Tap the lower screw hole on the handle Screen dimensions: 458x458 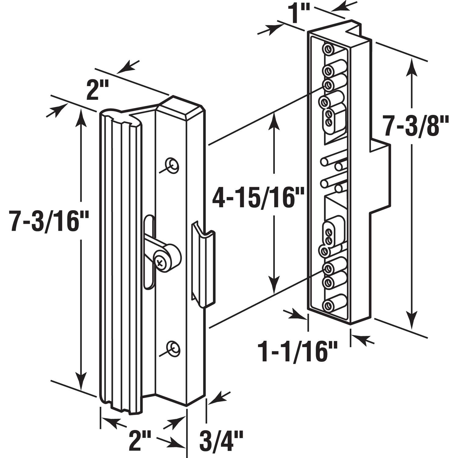click(x=173, y=347)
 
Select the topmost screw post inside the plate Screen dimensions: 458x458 click(x=328, y=49)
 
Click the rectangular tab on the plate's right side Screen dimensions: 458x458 click(x=380, y=176)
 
